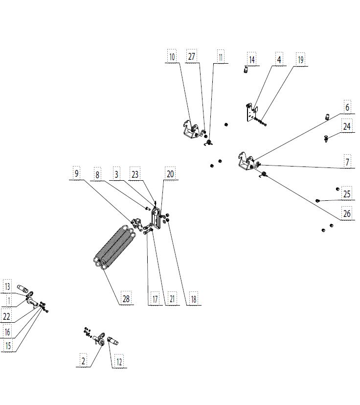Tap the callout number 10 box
click(x=172, y=57)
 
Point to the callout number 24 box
click(x=347, y=127)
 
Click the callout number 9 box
click(x=76, y=173)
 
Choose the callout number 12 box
click(x=118, y=362)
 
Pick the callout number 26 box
click(x=347, y=214)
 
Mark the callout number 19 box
click(x=300, y=60)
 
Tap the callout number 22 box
click(x=6, y=317)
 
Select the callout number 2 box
click(x=83, y=362)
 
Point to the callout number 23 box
click(x=135, y=173)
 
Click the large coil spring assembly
click(x=114, y=245)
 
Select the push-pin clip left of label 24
click(x=326, y=139)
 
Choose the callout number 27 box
click(x=191, y=57)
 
